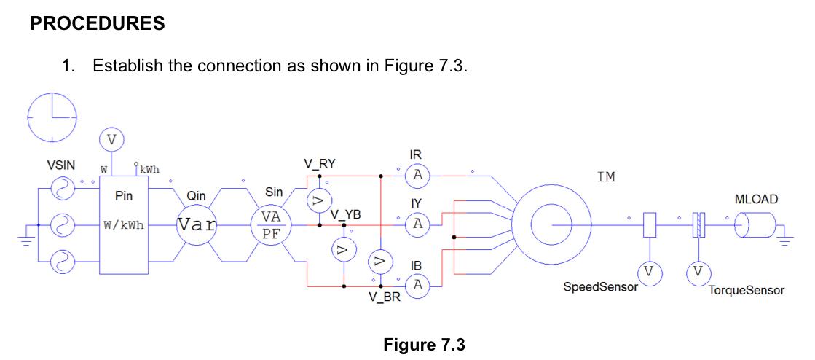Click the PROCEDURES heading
point(97,23)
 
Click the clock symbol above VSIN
point(52,117)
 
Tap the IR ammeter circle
point(417,175)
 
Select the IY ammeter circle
point(417,224)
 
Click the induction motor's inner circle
point(552,225)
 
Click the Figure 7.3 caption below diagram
point(423,343)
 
